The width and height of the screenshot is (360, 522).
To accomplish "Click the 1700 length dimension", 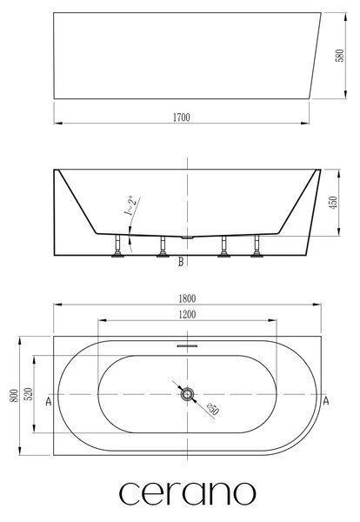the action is [182, 117].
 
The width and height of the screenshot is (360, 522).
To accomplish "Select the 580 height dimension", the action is [340, 56].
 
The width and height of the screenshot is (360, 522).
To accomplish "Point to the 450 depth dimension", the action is [333, 203].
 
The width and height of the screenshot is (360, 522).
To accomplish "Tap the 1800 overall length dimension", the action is [187, 298].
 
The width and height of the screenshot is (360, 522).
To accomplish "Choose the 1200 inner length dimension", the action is [187, 314].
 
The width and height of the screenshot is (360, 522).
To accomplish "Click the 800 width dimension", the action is [14, 396].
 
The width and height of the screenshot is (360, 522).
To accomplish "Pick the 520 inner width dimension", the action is [29, 394].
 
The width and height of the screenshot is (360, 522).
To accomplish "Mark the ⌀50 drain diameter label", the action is [212, 409].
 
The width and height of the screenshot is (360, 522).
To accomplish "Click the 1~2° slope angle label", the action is [130, 205].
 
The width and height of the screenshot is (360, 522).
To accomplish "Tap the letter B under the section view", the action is [181, 262].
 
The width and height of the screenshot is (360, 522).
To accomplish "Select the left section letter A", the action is [49, 401].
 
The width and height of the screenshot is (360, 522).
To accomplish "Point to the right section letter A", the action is [326, 401].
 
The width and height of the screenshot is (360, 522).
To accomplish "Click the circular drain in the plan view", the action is [187, 394].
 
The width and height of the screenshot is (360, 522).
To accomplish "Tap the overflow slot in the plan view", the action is [187, 346].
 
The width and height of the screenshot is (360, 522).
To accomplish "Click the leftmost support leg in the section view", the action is [117, 246].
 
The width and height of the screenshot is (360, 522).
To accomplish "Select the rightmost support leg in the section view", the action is [257, 246].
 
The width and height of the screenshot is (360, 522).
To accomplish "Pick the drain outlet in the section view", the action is [187, 238].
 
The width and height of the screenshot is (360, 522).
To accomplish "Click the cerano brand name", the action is [187, 493].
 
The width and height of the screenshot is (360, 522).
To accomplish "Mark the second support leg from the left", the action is [163, 246].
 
